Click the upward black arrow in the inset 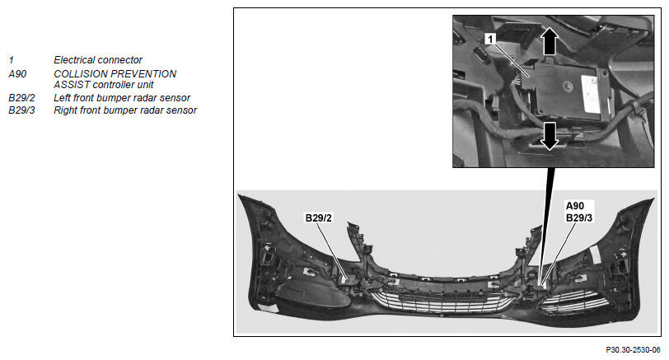pos(550,41)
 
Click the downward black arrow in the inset pos(550,136)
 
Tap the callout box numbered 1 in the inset pos(490,40)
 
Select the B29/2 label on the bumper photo pos(318,218)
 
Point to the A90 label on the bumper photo pos(575,206)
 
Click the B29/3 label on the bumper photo pos(579,218)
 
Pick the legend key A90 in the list pos(17,74)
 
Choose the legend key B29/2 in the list pos(21,98)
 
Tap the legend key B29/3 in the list pos(21,110)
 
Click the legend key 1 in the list pos(11,60)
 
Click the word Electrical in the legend pos(75,60)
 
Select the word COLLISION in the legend pos(77,74)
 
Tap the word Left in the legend pos(63,98)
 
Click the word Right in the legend pos(65,110)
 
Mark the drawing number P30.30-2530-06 pos(633,350)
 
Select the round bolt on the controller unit pos(568,86)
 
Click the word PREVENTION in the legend pos(140,74)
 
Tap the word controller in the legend pos(113,85)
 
